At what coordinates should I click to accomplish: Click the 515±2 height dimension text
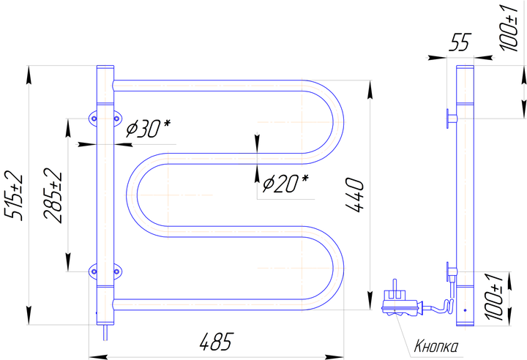13,196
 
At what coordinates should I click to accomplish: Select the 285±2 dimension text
53,196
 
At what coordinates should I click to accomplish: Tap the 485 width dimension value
216,342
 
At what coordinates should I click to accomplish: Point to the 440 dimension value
354,195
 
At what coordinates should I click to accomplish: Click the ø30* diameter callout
148,128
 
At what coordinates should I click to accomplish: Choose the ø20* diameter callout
285,183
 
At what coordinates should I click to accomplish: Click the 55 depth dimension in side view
460,42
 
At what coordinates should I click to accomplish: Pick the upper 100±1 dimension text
509,29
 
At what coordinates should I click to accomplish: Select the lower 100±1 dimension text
493,296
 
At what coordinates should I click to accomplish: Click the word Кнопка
436,346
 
